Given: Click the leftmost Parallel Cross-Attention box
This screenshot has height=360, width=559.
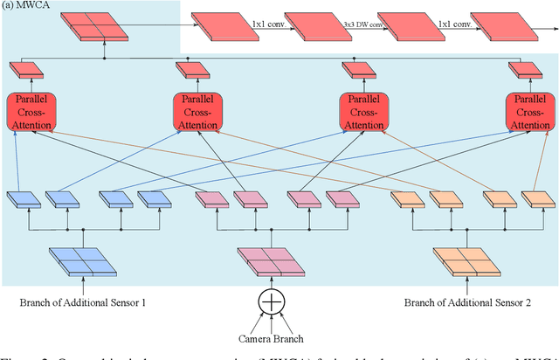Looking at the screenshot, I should pos(30,112).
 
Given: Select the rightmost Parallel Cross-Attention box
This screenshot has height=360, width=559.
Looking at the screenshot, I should pos(530,112).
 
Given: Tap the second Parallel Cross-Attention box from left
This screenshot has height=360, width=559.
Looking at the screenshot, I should pos(197,112).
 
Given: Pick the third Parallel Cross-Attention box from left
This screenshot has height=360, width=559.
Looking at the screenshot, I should pos(363,112).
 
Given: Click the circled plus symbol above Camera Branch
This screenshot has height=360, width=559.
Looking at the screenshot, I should pos(273,301).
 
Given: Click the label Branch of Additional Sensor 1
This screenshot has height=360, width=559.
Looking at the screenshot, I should pos(83,303).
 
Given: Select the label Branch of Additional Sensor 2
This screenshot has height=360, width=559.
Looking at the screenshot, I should pos(459,303).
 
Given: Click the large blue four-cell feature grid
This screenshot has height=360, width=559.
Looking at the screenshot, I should pos(83,260).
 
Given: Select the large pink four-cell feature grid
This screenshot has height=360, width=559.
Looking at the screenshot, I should pos(273,260).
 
